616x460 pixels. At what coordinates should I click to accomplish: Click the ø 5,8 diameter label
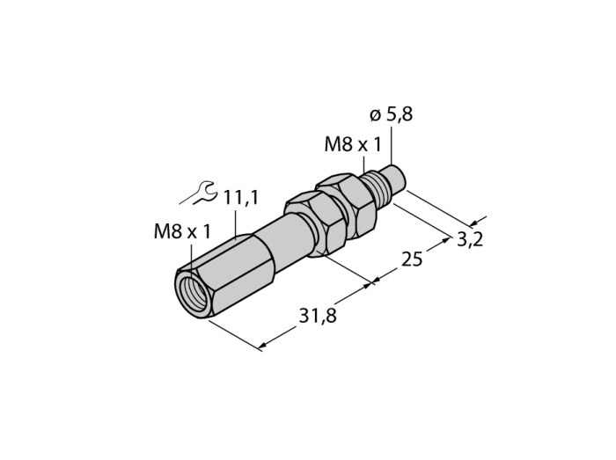391,115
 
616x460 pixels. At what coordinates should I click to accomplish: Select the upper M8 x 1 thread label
352,145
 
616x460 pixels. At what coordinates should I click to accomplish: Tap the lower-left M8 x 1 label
182,231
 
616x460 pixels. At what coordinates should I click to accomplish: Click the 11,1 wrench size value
241,198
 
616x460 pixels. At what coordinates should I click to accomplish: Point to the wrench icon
198,193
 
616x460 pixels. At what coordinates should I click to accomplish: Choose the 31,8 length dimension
318,315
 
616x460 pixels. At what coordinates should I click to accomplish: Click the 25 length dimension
412,259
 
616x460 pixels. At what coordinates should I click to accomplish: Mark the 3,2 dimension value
470,239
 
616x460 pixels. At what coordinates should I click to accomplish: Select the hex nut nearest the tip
346,208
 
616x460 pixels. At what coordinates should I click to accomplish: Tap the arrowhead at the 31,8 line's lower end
262,346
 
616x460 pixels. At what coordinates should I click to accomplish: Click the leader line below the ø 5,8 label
392,144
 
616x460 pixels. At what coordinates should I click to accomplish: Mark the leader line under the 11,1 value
235,224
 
